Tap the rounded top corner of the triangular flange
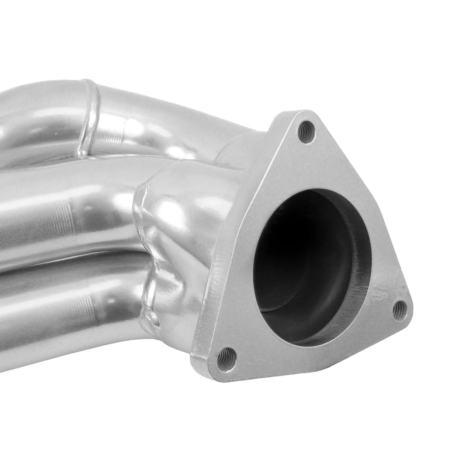coord(303,115)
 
